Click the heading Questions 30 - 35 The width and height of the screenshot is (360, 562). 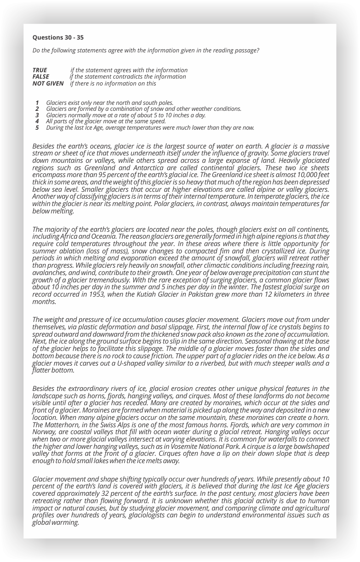(x=58, y=37)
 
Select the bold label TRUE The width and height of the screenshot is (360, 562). (x=40, y=70)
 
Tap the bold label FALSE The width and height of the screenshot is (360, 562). (x=41, y=76)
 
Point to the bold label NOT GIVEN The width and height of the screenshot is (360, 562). (x=48, y=83)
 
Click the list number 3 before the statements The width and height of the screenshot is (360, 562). (x=37, y=115)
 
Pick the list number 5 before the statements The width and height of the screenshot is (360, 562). (x=37, y=127)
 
